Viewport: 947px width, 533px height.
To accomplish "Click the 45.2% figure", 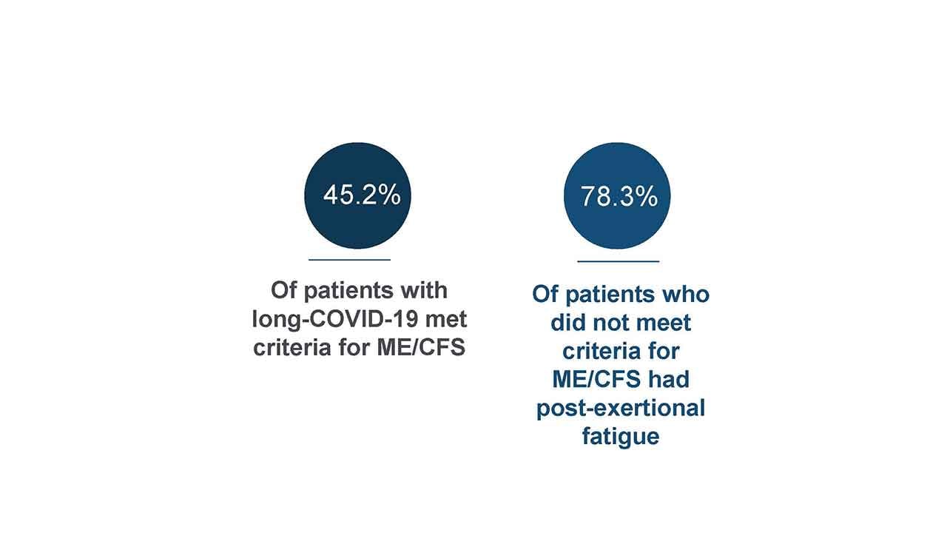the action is click(362, 195).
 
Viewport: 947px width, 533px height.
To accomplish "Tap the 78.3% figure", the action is click(619, 197).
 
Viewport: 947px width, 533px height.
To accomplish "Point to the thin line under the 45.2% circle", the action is click(350, 260).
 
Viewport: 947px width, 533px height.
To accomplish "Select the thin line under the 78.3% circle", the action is click(619, 261).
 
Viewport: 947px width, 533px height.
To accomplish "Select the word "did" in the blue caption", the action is click(567, 323).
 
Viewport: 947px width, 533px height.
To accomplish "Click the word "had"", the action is click(670, 379).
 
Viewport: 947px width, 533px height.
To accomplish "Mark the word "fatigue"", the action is click(621, 437).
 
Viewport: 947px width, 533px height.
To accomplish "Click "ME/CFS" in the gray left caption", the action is click(421, 348).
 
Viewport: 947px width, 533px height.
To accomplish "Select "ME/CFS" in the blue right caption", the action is click(597, 379).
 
